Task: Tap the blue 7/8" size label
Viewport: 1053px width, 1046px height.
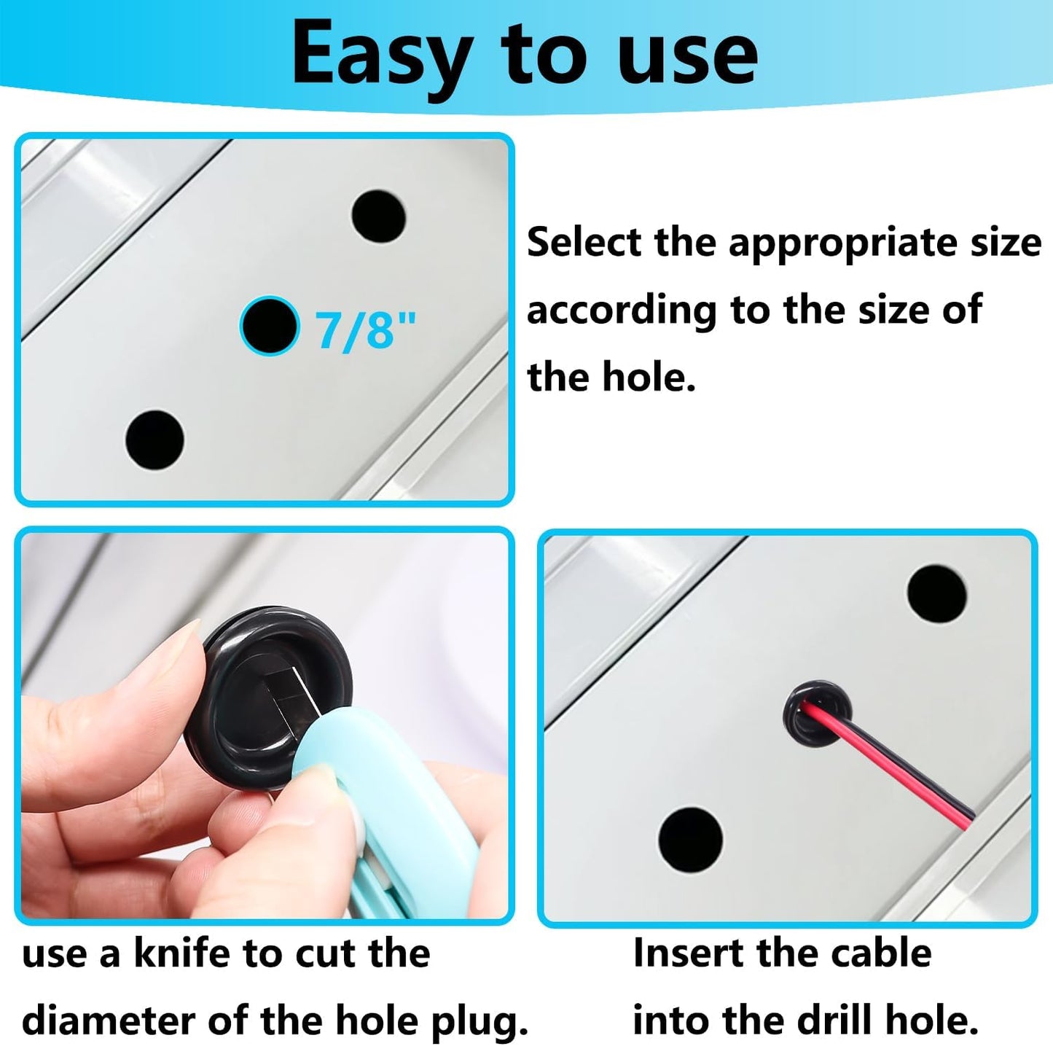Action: (364, 329)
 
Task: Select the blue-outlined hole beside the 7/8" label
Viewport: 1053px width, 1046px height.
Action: (270, 326)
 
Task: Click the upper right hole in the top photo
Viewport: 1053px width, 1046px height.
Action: (378, 216)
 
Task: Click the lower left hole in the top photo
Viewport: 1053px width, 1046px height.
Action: (154, 439)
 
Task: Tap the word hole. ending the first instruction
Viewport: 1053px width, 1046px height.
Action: (649, 378)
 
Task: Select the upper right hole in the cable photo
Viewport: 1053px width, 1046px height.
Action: (937, 593)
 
